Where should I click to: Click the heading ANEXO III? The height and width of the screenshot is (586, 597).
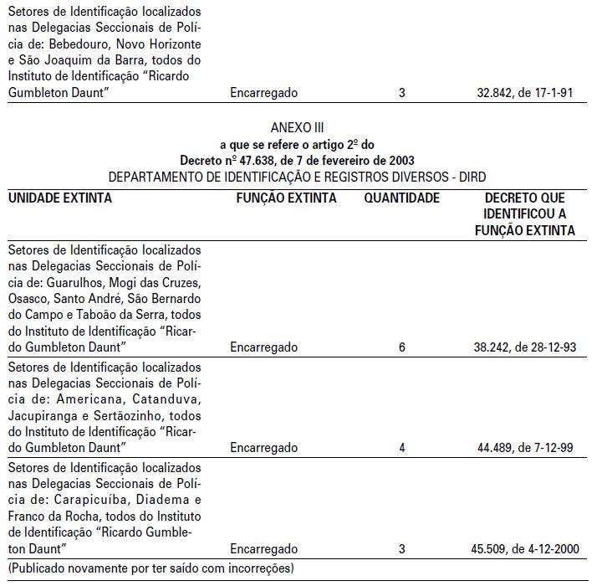pyautogui.click(x=297, y=128)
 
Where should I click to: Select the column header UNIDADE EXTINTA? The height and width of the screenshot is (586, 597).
pyautogui.click(x=60, y=198)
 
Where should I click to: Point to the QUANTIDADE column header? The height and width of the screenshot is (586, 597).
pyautogui.click(x=401, y=198)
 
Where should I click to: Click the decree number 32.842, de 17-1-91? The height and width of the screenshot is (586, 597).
pyautogui.click(x=523, y=93)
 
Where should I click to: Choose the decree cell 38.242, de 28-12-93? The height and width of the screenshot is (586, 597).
pyautogui.click(x=525, y=347)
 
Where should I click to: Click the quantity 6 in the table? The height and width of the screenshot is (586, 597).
pyautogui.click(x=402, y=347)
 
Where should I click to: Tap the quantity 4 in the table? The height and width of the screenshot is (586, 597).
pyautogui.click(x=402, y=448)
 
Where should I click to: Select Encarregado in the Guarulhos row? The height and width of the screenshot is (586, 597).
pyautogui.click(x=263, y=347)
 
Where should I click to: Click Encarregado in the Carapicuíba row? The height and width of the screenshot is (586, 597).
pyautogui.click(x=263, y=550)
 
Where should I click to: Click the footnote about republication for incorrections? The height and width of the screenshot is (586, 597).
pyautogui.click(x=151, y=569)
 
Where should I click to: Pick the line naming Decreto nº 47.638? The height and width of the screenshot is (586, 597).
pyautogui.click(x=297, y=160)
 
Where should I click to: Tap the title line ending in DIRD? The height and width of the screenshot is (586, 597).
pyautogui.click(x=297, y=177)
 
